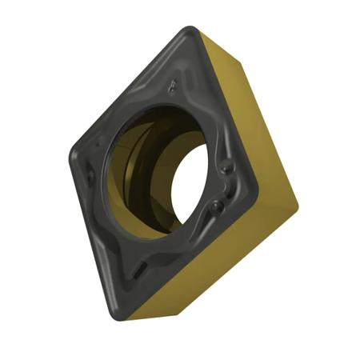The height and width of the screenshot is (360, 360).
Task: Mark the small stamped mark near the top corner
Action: (174, 82)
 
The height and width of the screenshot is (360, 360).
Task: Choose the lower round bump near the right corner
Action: (216, 206)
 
